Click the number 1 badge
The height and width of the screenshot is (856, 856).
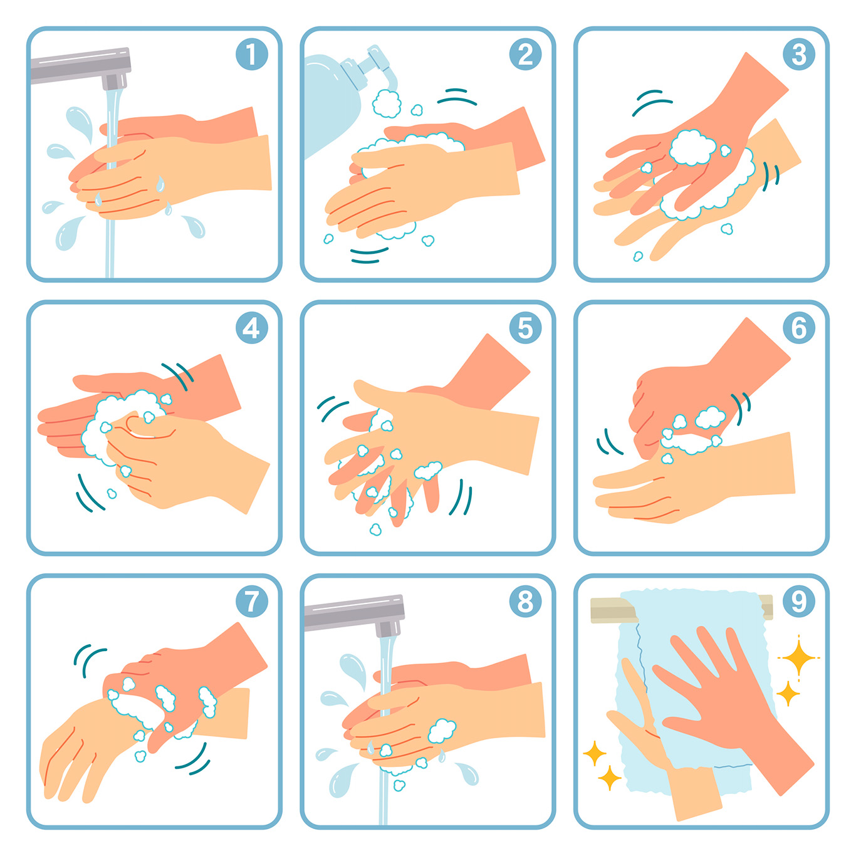pyautogui.click(x=252, y=54)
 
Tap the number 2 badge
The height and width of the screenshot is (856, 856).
pyautogui.click(x=526, y=54)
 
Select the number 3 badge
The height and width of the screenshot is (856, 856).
pyautogui.click(x=799, y=54)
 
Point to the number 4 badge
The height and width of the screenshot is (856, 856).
pyautogui.click(x=252, y=328)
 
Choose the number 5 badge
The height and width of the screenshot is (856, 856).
pyautogui.click(x=526, y=328)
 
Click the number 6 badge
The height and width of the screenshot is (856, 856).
pyautogui.click(x=799, y=328)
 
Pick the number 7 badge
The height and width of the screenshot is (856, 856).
pyautogui.click(x=252, y=602)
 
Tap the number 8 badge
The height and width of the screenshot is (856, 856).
pyautogui.click(x=526, y=602)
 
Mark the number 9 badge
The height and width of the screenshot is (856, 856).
pyautogui.click(x=799, y=602)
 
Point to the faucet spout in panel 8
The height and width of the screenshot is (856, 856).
pyautogui.click(x=355, y=615)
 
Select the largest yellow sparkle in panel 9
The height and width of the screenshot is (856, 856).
pyautogui.click(x=798, y=657)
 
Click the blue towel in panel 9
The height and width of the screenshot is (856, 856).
pyautogui.click(x=693, y=693)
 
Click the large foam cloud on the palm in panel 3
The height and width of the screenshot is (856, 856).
pyautogui.click(x=692, y=148)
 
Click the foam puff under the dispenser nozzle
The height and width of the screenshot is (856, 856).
pyautogui.click(x=387, y=103)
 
